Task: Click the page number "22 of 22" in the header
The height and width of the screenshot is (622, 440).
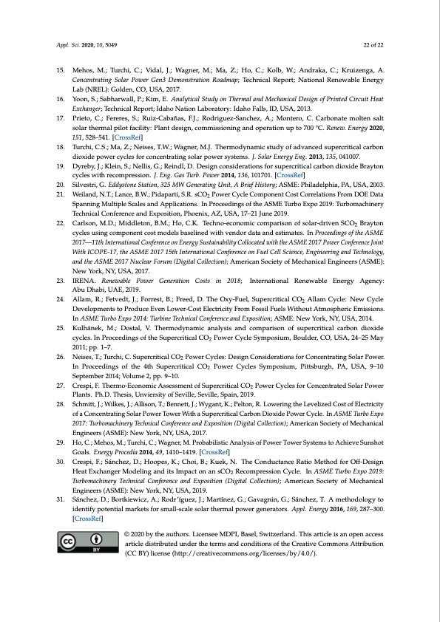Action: [373, 44]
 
